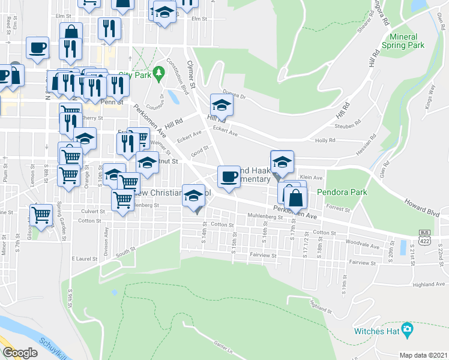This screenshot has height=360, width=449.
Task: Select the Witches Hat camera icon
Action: click(x=408, y=329)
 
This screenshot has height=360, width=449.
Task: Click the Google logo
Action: click(x=20, y=352)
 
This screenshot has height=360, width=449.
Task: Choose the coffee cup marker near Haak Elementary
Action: click(x=228, y=176)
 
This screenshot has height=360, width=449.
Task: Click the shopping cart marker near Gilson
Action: click(x=41, y=215)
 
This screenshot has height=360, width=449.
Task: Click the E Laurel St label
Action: click(x=85, y=258)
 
